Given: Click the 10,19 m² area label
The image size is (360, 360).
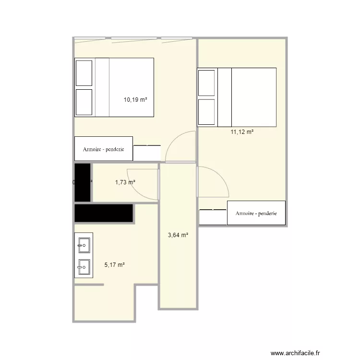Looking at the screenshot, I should [x=135, y=100].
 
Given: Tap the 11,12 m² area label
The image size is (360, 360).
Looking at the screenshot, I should [x=242, y=132].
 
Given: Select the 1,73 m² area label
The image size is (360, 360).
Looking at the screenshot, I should [x=125, y=182].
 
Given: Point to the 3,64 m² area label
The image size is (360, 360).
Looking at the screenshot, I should [x=178, y=235].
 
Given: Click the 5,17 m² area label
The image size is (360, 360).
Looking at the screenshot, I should [x=114, y=264].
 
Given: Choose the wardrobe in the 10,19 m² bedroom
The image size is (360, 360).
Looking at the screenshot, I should [x=103, y=149].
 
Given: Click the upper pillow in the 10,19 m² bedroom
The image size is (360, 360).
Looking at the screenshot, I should [x=84, y=72].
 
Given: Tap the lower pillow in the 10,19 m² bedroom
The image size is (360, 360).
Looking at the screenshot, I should [x=84, y=102].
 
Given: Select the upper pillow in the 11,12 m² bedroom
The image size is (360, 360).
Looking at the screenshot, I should [x=206, y=82].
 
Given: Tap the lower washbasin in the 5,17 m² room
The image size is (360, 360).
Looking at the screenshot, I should [x=84, y=265].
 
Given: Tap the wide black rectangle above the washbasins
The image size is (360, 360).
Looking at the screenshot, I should [x=104, y=213].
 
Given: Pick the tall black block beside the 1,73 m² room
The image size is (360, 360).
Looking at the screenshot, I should [x=83, y=182].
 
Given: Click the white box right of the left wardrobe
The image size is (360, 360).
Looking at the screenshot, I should [x=147, y=153].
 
